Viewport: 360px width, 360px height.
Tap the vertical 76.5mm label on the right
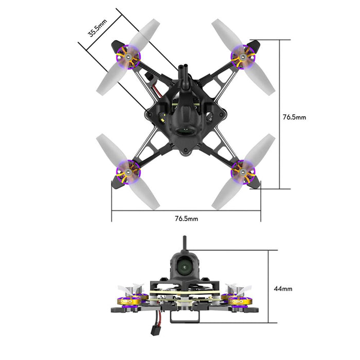click(x=294, y=117)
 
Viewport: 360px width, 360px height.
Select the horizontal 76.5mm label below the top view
click(x=186, y=219)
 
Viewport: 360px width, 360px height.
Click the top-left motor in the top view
click(x=128, y=56)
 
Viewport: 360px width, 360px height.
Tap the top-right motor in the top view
click(x=241, y=56)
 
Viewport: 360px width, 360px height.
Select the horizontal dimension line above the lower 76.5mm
click(x=186, y=210)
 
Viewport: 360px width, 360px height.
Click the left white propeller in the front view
click(x=129, y=286)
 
